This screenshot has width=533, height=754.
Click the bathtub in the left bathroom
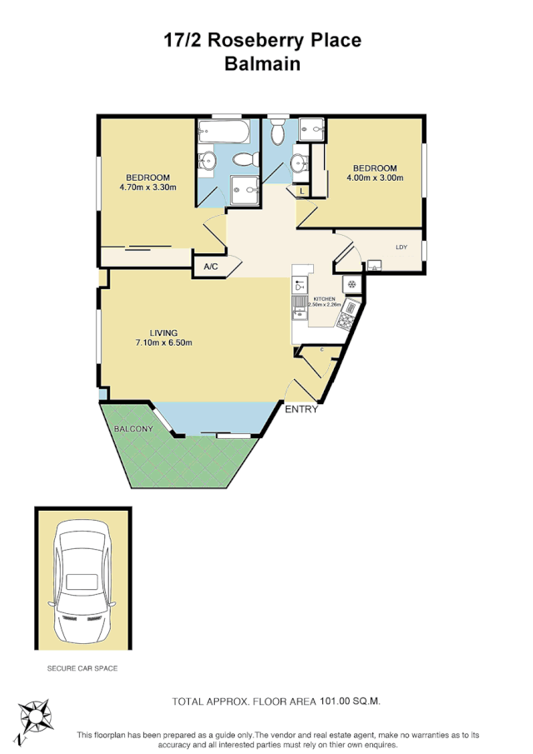pyautogui.click(x=224, y=132)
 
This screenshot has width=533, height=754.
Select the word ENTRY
pyautogui.click(x=301, y=409)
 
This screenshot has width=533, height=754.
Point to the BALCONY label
pyautogui.click(x=133, y=428)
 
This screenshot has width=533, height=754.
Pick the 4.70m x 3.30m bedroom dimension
pyautogui.click(x=147, y=187)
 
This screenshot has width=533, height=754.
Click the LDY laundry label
pyautogui.click(x=401, y=247)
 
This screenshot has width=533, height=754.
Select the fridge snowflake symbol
pyautogui.click(x=351, y=284)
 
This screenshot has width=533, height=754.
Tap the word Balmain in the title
pyautogui.click(x=262, y=63)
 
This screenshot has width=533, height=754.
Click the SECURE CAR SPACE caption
pyautogui.click(x=82, y=668)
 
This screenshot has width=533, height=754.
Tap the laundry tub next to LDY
pyautogui.click(x=374, y=266)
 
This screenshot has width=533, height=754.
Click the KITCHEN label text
pyautogui.click(x=324, y=298)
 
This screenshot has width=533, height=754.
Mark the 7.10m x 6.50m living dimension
pyautogui.click(x=163, y=343)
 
